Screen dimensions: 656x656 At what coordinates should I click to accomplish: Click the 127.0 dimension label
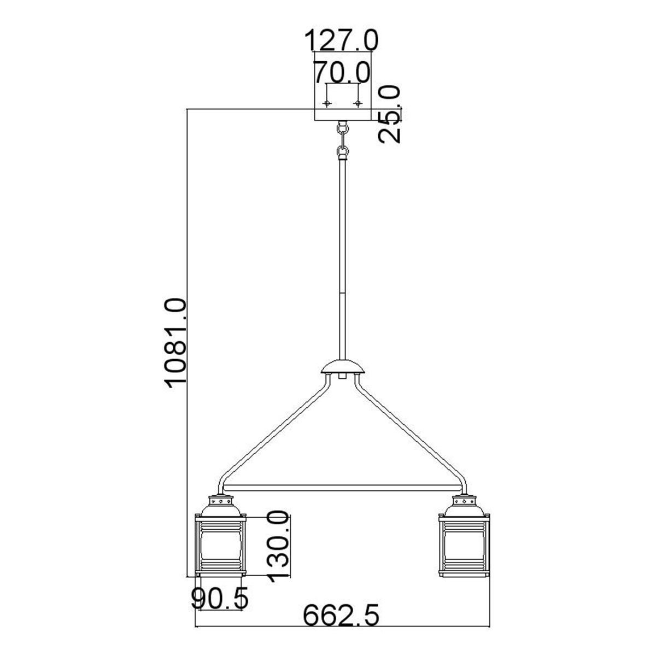coord(341,40)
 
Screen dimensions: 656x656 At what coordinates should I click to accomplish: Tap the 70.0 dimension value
coord(342,72)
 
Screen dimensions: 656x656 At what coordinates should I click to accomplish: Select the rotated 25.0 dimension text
coord(389,114)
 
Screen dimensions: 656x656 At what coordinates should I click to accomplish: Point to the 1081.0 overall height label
coord(176,343)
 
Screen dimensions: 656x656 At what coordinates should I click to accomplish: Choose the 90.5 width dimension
coord(220,598)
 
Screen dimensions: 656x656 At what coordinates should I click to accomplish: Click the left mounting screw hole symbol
coord(327,103)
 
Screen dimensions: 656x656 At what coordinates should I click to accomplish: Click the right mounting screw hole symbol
coord(358,103)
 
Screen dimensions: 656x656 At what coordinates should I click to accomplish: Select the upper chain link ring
coord(342,128)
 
